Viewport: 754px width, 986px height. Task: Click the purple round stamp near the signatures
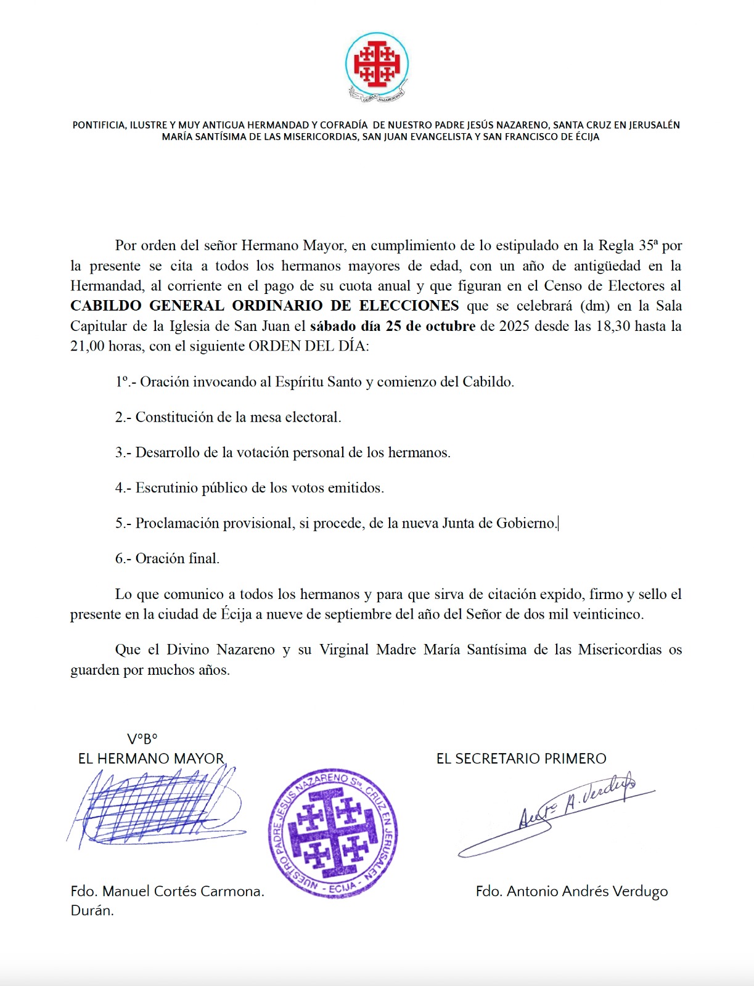tap(333, 833)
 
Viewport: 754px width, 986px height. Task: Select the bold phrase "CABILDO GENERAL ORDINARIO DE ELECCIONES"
tap(264, 306)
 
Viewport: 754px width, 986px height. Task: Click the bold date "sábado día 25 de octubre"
tap(393, 326)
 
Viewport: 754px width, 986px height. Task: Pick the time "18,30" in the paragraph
tap(613, 326)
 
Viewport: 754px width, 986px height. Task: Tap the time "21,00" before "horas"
tap(87, 346)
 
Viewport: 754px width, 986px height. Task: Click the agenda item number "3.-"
tap(123, 452)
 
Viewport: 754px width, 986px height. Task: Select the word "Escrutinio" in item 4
tap(167, 488)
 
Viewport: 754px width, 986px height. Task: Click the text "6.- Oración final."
tap(167, 558)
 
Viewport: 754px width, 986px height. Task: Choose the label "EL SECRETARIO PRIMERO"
tap(521, 759)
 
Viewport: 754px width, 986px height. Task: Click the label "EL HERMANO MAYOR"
tap(151, 759)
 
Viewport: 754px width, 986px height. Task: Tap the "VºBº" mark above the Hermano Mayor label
tap(142, 739)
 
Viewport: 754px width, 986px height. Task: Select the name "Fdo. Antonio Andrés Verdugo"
tap(572, 891)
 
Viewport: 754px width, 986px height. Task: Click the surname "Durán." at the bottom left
tap(92, 911)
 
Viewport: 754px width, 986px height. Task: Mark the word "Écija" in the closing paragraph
tap(236, 614)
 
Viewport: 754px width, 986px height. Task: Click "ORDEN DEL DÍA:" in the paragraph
tap(308, 346)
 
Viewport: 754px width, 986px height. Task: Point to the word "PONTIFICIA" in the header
tap(99, 125)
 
